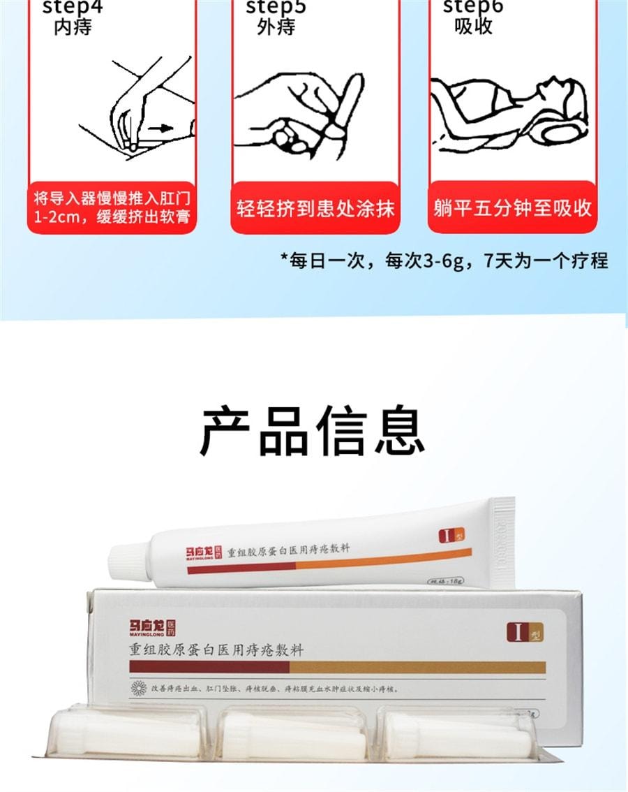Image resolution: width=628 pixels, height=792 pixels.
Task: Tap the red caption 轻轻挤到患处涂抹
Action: point(315,208)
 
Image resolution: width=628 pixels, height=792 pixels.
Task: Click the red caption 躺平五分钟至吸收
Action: point(512,208)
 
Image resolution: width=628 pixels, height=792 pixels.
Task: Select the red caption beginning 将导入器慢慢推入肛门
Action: point(112,207)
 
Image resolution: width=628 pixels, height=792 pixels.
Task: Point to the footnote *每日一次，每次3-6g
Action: point(444,261)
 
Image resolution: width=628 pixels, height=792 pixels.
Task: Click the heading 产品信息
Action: point(313,431)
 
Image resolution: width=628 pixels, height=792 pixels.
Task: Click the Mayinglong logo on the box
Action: point(152,629)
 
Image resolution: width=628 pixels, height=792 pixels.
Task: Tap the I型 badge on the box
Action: point(524,631)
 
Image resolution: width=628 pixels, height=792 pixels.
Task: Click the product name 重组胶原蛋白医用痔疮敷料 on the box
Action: point(216,650)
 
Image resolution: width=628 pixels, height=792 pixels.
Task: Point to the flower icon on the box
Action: point(138,689)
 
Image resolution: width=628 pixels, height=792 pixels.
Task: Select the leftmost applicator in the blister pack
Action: point(126,733)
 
